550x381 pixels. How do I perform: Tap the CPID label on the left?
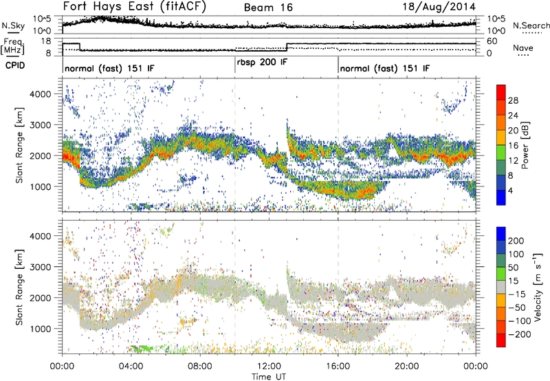click(x=14, y=67)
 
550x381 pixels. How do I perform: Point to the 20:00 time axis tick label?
click(x=407, y=365)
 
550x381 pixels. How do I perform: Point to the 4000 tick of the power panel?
click(x=47, y=93)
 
